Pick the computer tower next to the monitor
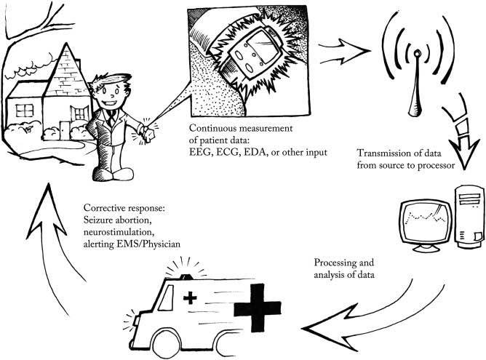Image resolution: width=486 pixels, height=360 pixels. [469, 211]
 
